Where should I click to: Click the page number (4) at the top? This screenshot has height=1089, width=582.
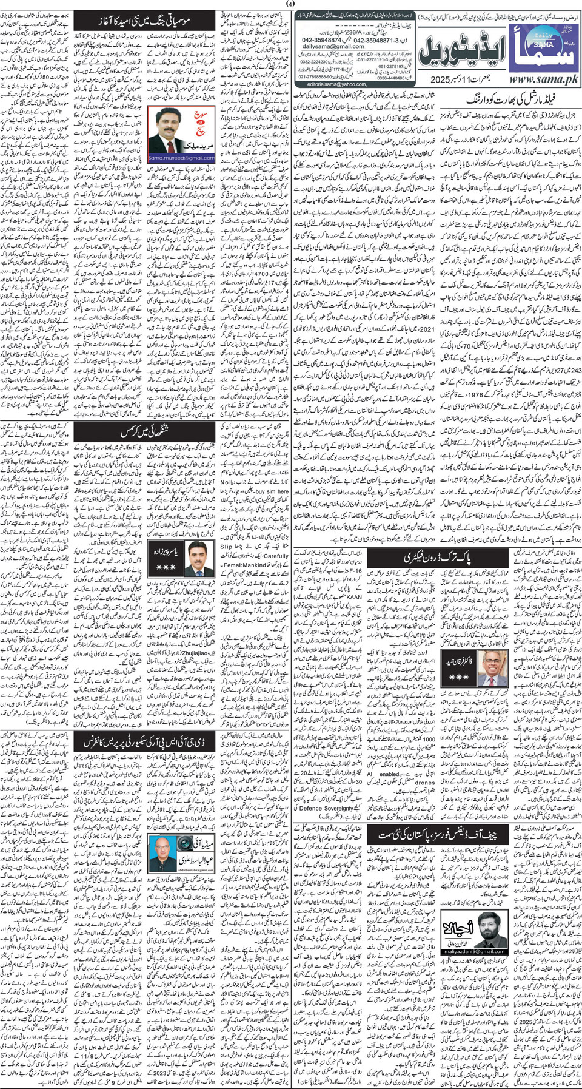(x=291, y=5)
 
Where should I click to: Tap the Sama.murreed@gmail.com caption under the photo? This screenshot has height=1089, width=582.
(x=173, y=158)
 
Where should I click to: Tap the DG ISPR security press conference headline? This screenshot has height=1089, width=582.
(x=145, y=742)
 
